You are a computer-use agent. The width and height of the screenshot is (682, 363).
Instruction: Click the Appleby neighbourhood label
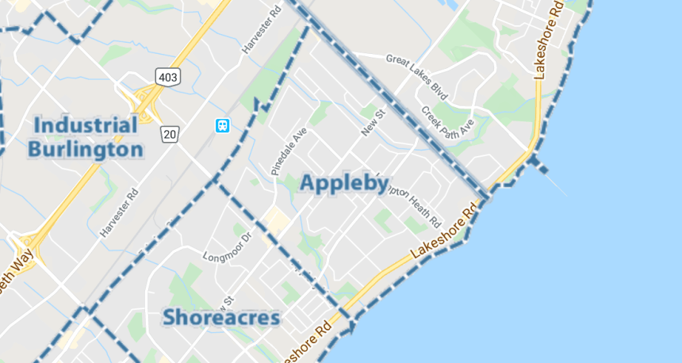344,184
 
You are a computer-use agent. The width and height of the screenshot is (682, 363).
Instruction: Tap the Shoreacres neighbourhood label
221,318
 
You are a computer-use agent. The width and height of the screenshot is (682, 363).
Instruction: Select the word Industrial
86,125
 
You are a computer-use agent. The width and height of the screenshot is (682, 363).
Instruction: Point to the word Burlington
86,149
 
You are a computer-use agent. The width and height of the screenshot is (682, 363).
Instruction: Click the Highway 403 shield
169,77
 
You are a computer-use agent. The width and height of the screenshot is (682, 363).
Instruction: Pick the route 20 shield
170,134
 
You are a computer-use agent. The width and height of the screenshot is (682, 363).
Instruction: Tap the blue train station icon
222,126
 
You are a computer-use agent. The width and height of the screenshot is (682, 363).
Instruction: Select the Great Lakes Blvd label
417,71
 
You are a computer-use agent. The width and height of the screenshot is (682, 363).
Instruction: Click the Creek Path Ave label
447,125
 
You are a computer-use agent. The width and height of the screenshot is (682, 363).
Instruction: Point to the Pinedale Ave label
288,151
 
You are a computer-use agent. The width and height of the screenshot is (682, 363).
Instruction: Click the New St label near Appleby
372,123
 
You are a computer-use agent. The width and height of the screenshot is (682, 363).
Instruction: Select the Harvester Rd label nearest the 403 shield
262,29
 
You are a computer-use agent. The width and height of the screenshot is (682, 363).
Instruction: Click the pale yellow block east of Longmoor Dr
277,220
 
